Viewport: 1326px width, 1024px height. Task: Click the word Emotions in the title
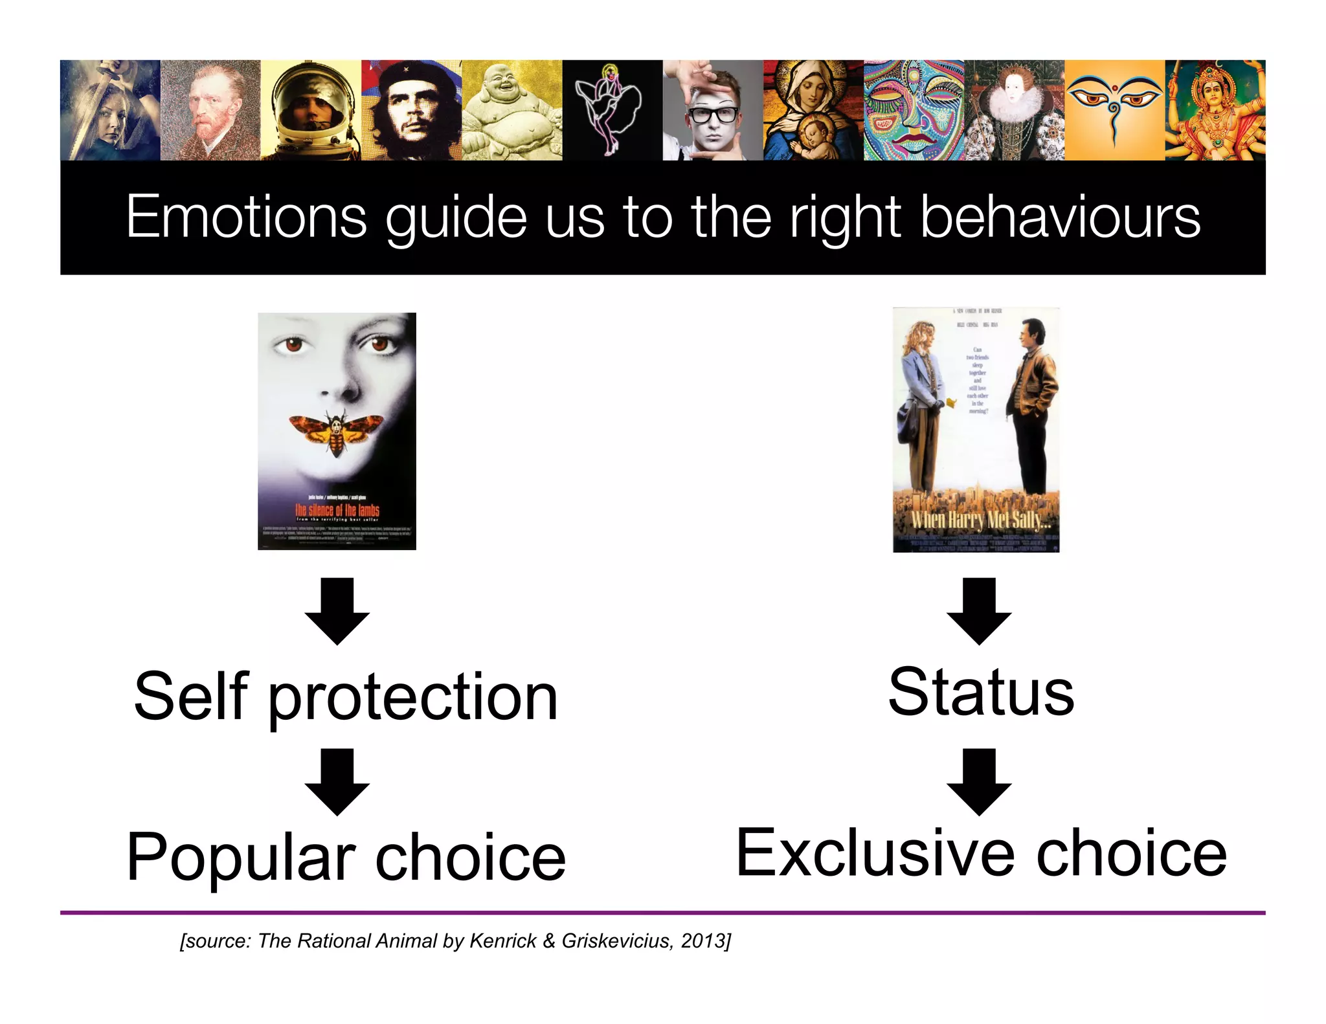pos(246,217)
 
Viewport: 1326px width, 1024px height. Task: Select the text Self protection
pos(346,697)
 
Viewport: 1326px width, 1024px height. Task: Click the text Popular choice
pos(346,858)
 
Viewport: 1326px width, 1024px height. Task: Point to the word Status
pos(980,693)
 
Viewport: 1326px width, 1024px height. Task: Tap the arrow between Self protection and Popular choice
pos(337,781)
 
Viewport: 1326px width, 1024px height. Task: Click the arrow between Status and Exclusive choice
pos(979,781)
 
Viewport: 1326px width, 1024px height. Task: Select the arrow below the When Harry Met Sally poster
pos(979,610)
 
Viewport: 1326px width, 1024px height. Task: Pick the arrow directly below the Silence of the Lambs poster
pos(337,610)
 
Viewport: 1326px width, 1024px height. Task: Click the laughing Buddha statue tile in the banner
pos(511,110)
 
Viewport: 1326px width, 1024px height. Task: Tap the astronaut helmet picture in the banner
pos(311,110)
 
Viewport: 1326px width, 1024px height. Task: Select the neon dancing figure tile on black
pos(612,110)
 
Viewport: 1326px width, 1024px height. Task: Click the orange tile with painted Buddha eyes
pos(1114,110)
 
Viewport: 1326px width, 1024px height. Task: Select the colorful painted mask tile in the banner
pos(913,110)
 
